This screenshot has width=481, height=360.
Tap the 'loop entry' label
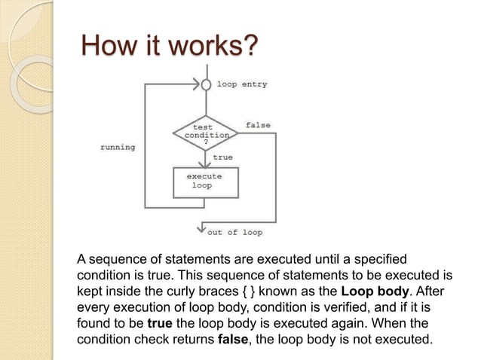(242, 84)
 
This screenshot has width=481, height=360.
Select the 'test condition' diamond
(205, 133)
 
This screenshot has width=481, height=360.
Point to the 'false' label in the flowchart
(258, 125)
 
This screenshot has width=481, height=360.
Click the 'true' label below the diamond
(222, 157)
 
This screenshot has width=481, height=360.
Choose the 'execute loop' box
(204, 181)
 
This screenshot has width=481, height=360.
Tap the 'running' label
(118, 148)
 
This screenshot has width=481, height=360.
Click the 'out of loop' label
(235, 232)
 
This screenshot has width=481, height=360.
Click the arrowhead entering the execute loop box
(205, 164)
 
